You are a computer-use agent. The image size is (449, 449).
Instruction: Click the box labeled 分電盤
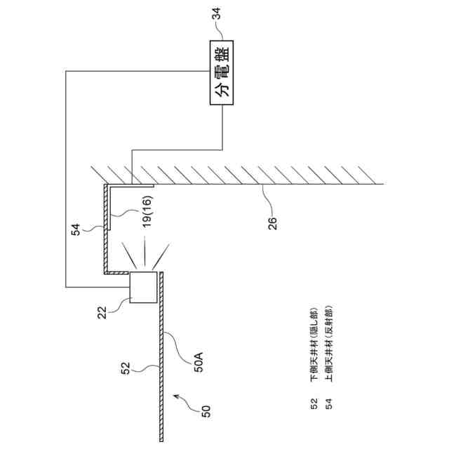point(223,72)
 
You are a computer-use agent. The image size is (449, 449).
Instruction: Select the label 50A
point(199,364)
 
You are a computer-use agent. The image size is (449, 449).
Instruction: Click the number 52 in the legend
point(313,405)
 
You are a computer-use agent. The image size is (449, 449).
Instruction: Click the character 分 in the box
point(223,90)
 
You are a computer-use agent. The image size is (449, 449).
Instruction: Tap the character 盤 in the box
point(223,53)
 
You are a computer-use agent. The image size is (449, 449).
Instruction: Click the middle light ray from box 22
point(145,250)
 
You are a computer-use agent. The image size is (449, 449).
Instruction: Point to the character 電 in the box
point(223,72)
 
